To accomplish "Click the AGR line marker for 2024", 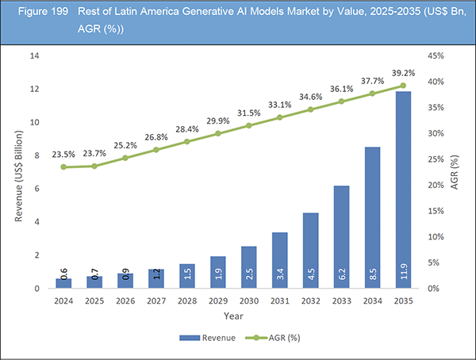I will (63, 167).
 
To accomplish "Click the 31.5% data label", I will (249, 112).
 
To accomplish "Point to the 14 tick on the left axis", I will (34, 56).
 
